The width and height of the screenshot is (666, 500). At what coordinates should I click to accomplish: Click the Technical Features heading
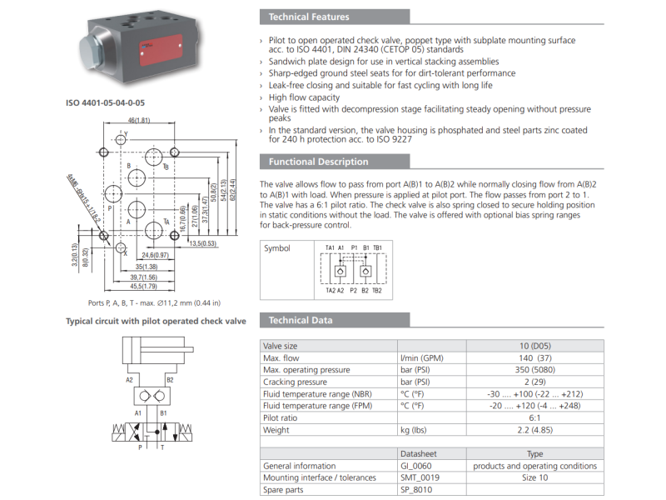(x=309, y=17)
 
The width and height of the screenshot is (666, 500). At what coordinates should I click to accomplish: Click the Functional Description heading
(x=318, y=162)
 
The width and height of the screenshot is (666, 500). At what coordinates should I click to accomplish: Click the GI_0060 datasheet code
(x=417, y=466)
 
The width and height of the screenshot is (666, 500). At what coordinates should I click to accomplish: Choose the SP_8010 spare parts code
(x=417, y=490)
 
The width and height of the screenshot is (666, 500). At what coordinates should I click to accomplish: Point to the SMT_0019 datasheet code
(x=420, y=477)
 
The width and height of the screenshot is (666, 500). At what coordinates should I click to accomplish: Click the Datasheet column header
(x=420, y=453)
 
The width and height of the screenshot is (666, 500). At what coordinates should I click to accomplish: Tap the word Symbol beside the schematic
(x=278, y=248)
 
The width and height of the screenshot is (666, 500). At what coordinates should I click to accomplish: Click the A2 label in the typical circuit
(x=130, y=379)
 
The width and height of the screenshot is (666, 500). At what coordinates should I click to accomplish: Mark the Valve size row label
(x=280, y=345)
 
